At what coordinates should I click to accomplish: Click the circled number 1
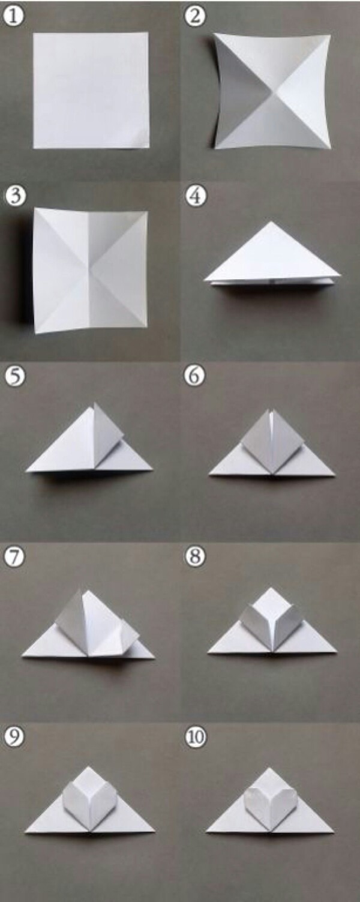[14, 16]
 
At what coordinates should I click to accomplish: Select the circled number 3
[16, 196]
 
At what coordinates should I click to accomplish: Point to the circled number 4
[195, 196]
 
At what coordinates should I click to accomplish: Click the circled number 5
[15, 376]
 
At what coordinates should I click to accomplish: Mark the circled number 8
[195, 557]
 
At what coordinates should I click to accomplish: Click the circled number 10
[195, 737]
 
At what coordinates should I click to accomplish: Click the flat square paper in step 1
[91, 91]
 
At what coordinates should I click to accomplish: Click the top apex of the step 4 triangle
[272, 221]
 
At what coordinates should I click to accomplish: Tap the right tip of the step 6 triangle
[335, 475]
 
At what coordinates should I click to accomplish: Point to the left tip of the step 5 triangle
[26, 470]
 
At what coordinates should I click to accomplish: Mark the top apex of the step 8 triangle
[271, 588]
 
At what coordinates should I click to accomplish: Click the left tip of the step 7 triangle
[22, 657]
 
